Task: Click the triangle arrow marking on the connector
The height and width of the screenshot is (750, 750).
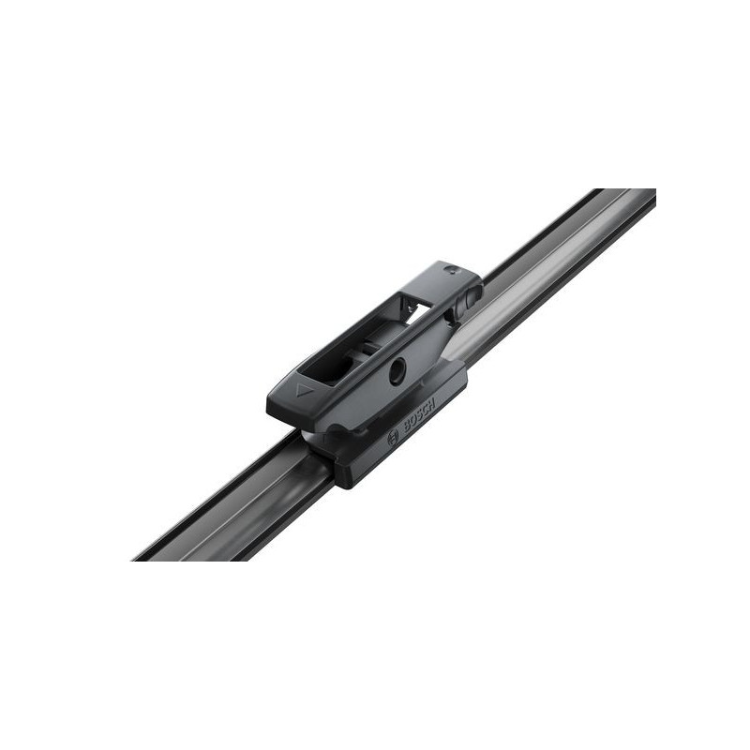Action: [x=304, y=390]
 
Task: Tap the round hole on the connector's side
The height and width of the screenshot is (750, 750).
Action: [x=397, y=371]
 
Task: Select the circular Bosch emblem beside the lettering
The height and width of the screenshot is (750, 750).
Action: [x=393, y=438]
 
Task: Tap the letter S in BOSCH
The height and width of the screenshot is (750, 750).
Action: [x=419, y=414]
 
